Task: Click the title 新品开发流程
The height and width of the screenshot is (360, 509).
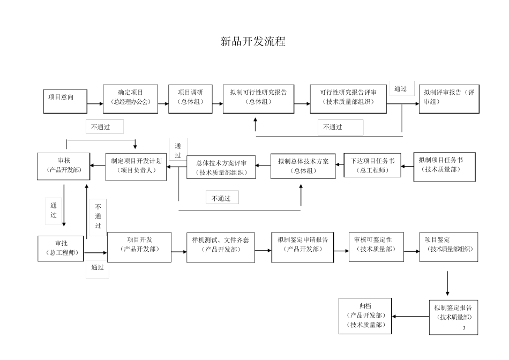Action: coord(253,42)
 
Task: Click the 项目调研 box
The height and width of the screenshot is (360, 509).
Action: coord(191,97)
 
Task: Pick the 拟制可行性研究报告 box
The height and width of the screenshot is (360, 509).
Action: coord(258,97)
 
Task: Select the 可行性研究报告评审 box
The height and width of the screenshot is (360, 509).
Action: coord(348,97)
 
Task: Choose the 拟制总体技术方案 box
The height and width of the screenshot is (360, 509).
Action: coord(303,166)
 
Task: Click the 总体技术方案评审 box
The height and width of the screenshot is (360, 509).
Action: coord(221,167)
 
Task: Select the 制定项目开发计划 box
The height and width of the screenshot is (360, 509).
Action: coord(136,166)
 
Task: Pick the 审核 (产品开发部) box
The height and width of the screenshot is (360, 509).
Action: coord(63,166)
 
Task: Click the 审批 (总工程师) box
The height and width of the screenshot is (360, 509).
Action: coord(61,248)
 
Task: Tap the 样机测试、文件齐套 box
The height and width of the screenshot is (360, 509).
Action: coord(220,247)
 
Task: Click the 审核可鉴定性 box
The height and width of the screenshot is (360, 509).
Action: coord(376,246)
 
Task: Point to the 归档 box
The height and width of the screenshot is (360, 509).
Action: coord(365,316)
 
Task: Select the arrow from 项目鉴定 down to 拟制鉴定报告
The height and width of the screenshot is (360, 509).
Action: coord(447,283)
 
